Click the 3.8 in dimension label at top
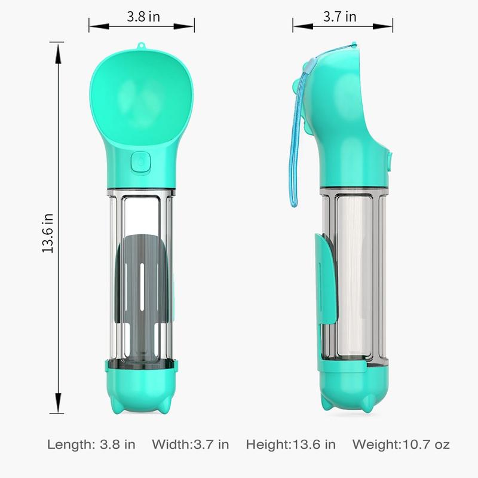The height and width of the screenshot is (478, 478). [x=143, y=17]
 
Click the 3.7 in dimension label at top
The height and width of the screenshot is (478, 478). [x=339, y=17]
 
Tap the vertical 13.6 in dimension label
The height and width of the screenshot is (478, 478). [x=48, y=233]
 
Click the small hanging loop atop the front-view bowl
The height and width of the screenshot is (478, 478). [x=140, y=47]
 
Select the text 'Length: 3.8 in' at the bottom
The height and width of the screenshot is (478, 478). [x=91, y=445]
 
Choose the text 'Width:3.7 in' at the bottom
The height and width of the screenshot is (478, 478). [x=191, y=445]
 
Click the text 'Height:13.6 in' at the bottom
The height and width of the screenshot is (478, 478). [x=291, y=445]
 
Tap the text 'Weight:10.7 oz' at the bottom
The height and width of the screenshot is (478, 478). [x=401, y=445]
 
